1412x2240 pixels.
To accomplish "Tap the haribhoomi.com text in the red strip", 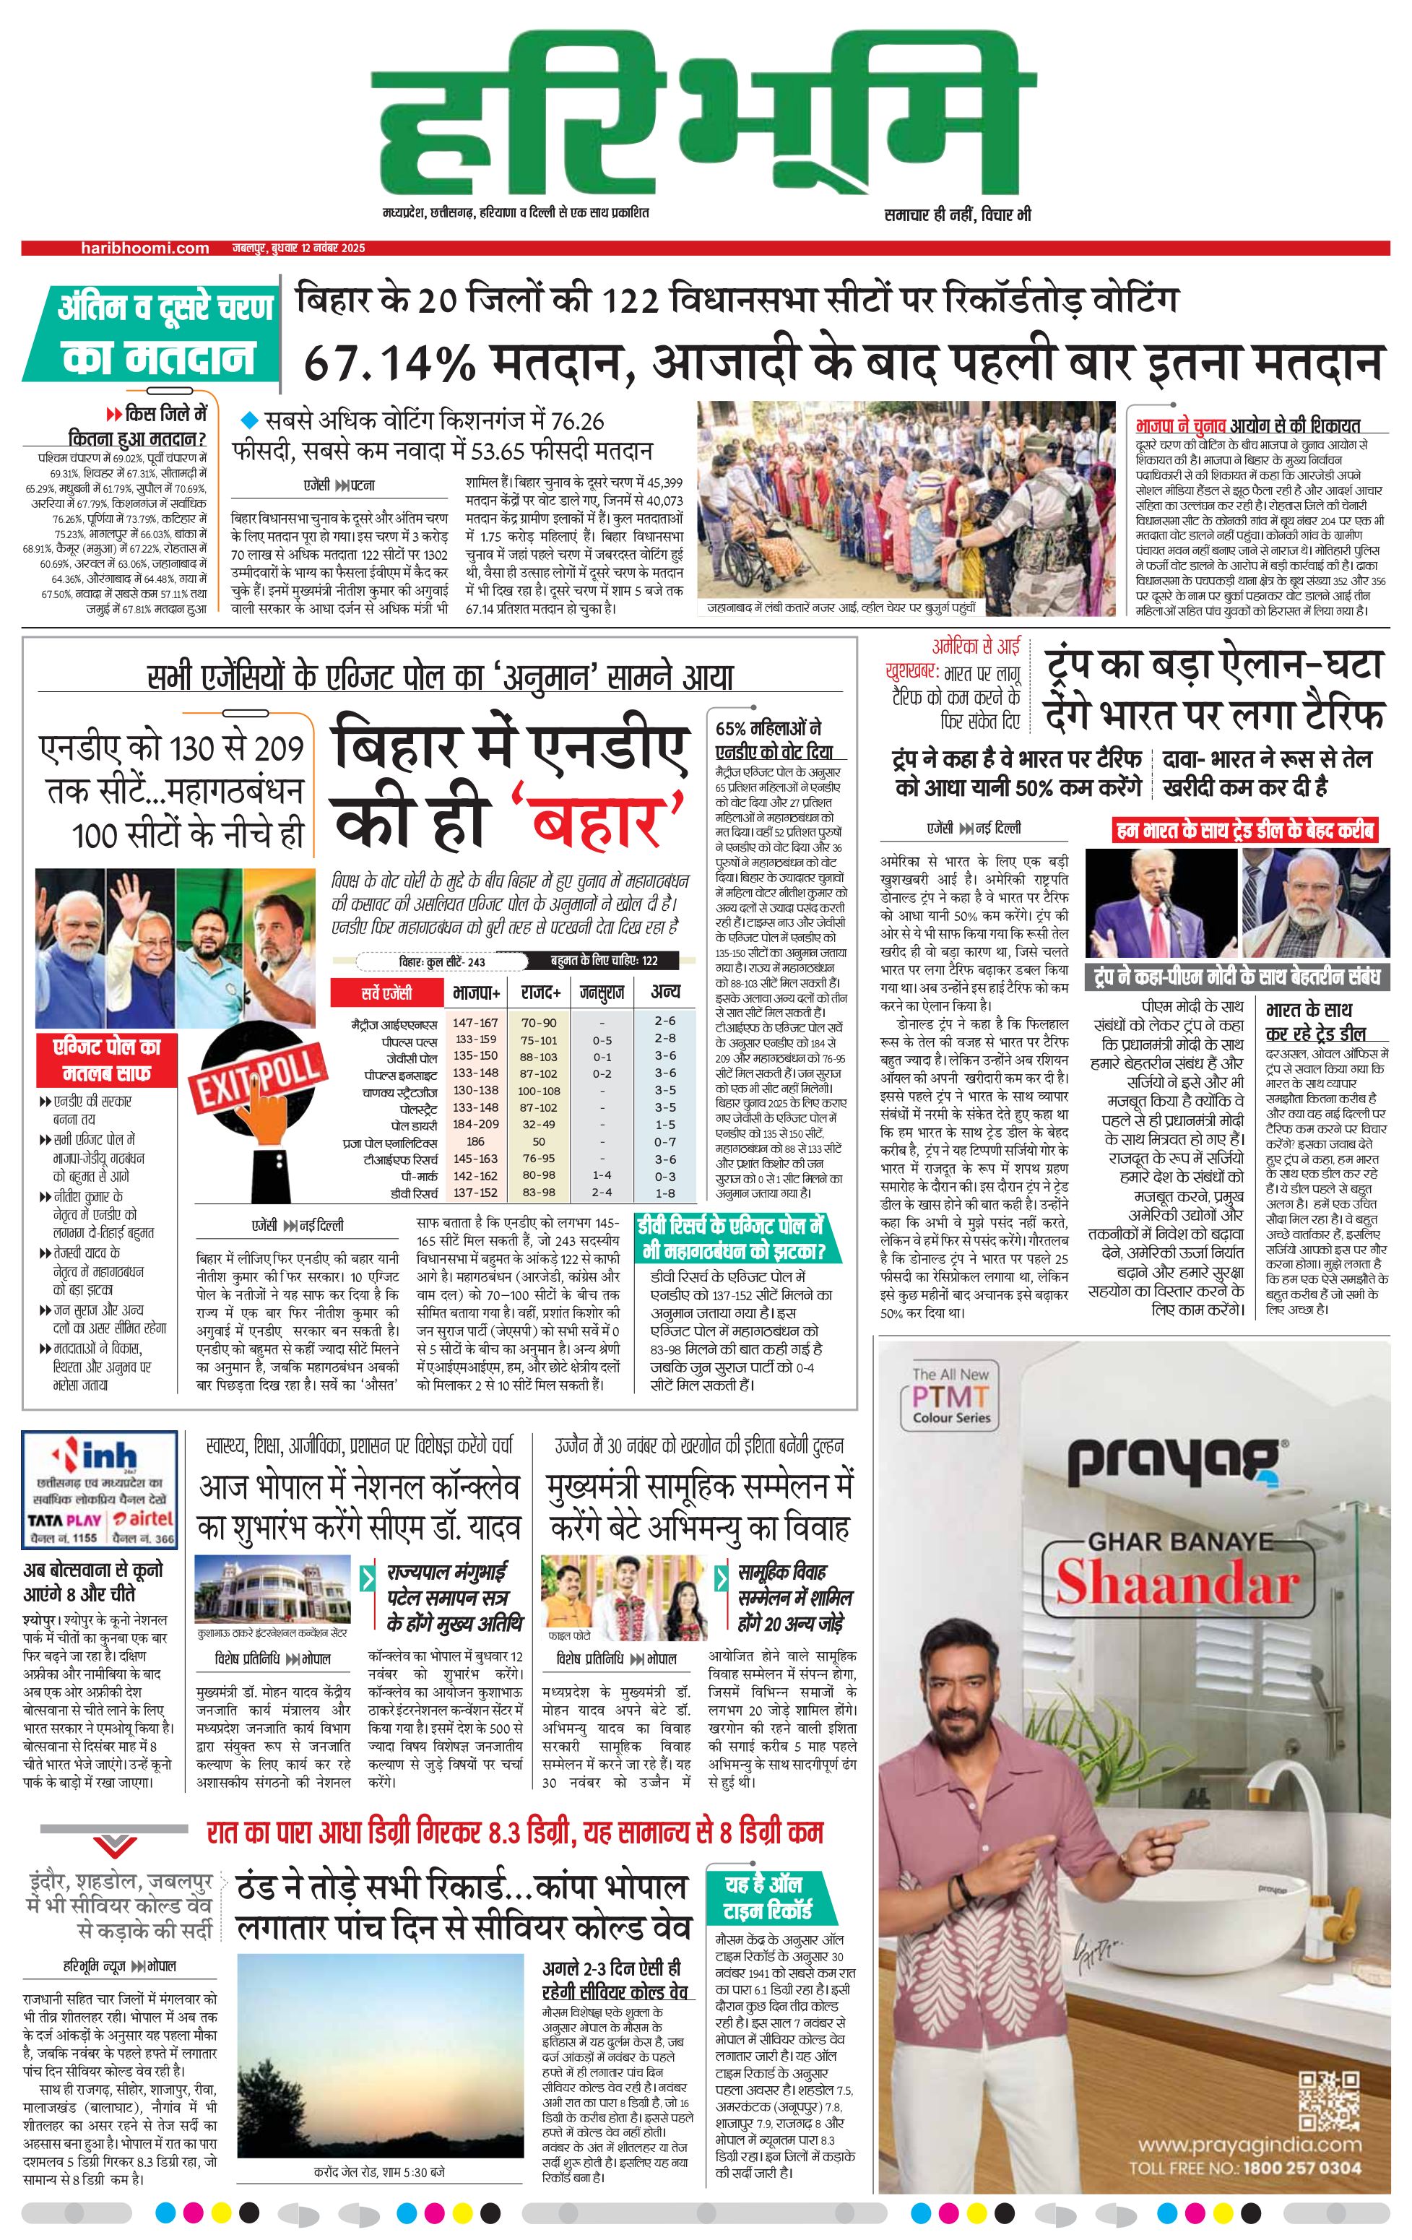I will tap(144, 248).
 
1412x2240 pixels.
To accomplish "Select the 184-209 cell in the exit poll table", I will tap(475, 1124).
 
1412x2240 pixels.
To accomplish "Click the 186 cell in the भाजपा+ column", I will tap(475, 1141).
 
